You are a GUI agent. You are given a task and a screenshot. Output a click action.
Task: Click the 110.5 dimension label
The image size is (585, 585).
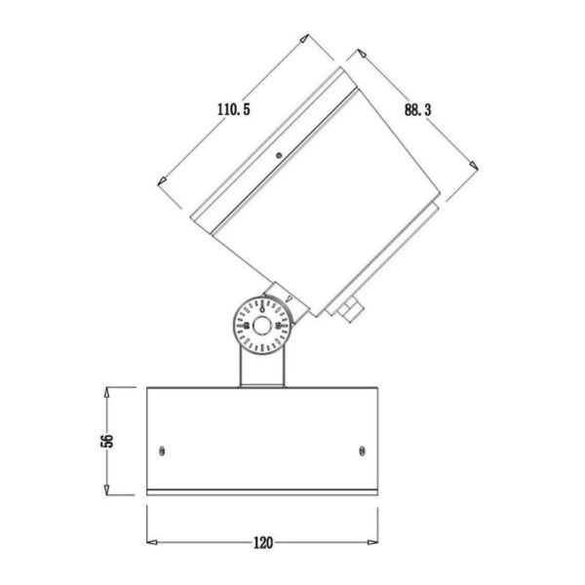pyautogui.click(x=234, y=109)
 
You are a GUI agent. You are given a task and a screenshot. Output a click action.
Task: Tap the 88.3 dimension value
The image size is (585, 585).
pyautogui.click(x=417, y=110)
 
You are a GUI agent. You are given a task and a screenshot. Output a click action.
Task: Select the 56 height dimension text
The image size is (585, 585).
pyautogui.click(x=107, y=441)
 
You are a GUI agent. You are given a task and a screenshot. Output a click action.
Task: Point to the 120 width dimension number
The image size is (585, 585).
pyautogui.click(x=263, y=543)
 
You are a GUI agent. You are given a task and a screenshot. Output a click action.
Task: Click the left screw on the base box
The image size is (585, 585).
pyautogui.click(x=162, y=451)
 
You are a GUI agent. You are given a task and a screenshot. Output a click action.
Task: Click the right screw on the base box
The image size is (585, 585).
pyautogui.click(x=362, y=451)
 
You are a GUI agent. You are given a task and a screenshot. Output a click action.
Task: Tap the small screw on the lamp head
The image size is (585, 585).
pyautogui.click(x=279, y=155)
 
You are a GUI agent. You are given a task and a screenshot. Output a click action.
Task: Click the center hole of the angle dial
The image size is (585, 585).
pyautogui.click(x=262, y=326)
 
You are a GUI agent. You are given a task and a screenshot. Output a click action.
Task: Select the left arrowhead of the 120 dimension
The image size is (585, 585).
pyautogui.click(x=152, y=542)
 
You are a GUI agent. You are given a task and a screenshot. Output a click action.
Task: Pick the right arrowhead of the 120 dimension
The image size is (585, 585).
pyautogui.click(x=372, y=542)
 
